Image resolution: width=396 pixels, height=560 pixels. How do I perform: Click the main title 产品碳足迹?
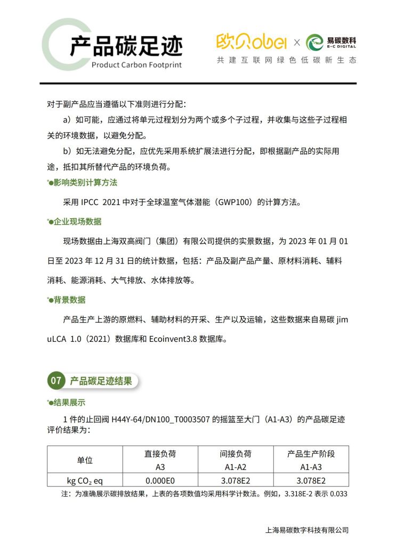coord(126,47)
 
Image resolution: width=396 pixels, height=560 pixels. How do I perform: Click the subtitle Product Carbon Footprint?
coord(136,65)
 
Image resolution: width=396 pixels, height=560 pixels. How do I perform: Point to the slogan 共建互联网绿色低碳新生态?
coord(286,61)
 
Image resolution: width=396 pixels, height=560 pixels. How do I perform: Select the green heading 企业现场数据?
coord(78,221)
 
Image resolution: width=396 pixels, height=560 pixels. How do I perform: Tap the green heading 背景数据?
coord(70,300)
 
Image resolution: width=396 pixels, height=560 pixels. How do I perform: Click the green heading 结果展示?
coord(70,402)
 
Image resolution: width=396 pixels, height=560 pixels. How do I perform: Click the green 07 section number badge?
coord(56,381)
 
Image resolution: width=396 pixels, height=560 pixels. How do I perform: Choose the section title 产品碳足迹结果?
coord(101,381)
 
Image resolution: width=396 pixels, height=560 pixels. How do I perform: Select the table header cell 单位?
coord(85,460)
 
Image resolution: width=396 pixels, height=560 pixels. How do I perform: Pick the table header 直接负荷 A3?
coord(160,460)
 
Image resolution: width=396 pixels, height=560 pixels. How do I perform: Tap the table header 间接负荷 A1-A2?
coord(236,460)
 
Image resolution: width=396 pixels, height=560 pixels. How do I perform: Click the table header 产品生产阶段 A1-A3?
coord(311,460)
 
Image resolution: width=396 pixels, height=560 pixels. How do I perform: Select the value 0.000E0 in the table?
coord(160,480)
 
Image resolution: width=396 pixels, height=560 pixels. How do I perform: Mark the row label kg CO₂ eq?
coord(85,480)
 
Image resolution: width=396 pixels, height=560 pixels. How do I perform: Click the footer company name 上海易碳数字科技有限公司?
coord(306,530)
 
